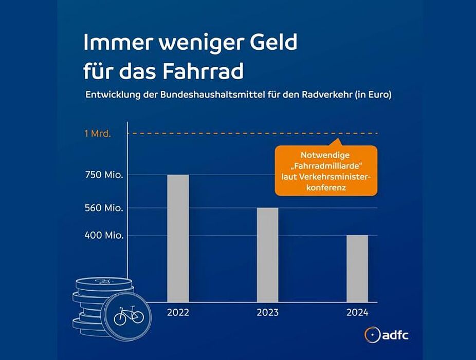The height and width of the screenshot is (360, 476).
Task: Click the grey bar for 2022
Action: pos(178,238)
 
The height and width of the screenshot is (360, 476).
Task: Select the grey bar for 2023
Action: pos(267,254)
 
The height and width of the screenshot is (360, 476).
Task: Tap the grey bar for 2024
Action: pos(357,268)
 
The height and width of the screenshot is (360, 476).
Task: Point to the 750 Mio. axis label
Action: pos(104,175)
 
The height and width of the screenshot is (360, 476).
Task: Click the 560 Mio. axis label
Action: pos(104,209)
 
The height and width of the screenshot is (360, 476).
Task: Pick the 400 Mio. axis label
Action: pos(104,236)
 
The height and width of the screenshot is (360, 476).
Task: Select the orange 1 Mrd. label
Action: pos(98,134)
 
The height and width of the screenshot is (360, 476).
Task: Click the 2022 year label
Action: pos(178,313)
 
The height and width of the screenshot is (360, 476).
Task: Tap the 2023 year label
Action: pos(267,313)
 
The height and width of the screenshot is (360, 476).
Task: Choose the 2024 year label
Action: pos(357,313)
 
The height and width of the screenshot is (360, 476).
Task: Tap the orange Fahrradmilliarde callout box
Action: pos(326,170)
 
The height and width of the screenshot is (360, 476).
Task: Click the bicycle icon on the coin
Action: pos(129,314)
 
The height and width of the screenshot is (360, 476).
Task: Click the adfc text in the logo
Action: pos(395,335)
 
